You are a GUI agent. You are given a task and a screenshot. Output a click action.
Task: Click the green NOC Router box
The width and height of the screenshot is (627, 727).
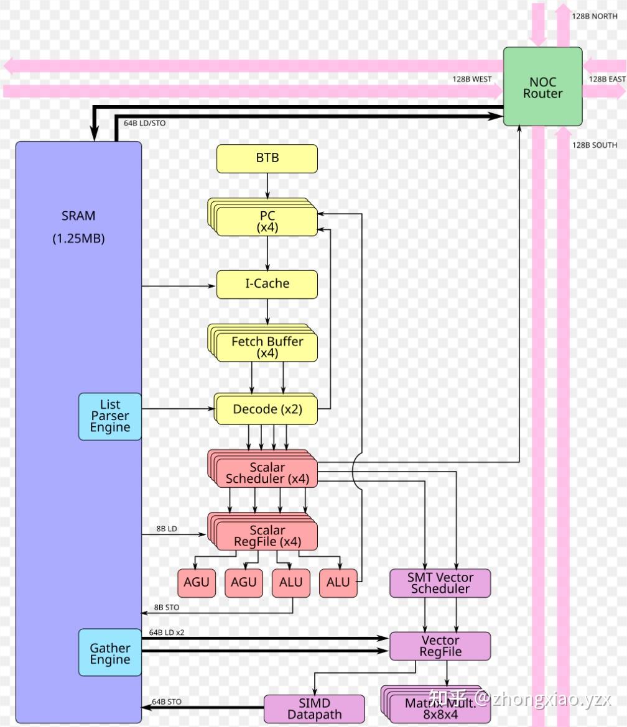542,87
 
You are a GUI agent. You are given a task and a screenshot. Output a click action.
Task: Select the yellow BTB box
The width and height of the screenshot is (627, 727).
267,158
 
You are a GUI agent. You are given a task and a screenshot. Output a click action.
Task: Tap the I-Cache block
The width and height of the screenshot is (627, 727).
267,284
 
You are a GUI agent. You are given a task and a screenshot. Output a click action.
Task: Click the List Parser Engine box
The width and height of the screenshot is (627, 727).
109,416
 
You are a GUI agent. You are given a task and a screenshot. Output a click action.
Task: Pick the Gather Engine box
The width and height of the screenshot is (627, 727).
109,653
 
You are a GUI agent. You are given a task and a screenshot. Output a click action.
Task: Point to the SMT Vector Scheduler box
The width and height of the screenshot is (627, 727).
440,583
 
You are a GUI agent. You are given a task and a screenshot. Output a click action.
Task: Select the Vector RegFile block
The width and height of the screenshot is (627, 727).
440,646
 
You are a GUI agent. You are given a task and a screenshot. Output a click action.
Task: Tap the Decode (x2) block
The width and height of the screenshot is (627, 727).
267,409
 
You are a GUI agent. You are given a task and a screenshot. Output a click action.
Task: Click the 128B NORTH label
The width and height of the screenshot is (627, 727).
595,16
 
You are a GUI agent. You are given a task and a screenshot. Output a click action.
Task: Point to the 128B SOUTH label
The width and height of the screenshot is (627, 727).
595,145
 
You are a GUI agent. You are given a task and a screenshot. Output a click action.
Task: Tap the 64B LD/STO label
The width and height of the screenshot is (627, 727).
144,123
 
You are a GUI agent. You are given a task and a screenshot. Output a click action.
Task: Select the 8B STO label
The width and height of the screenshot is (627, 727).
167,607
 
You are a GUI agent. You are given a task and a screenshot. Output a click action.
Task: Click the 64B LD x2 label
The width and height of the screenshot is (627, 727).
166,633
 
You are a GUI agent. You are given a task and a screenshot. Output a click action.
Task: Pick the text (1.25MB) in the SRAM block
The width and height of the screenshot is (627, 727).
78,239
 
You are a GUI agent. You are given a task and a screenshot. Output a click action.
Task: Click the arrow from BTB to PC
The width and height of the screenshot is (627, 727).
267,185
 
